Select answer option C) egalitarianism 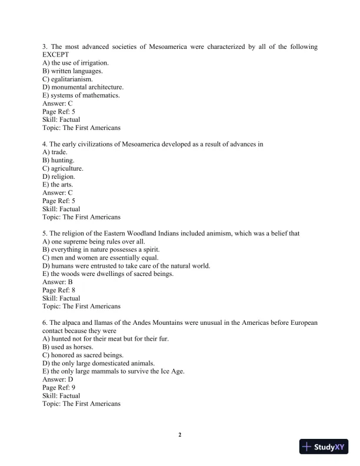[68, 79]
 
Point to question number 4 [45, 144]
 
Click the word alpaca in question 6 [71, 323]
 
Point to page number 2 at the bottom [180, 435]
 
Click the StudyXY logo [324, 447]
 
